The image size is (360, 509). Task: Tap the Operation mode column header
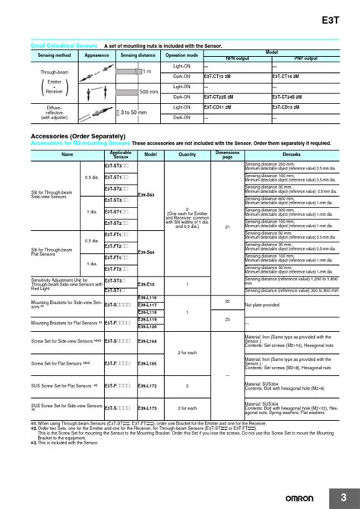click(182, 55)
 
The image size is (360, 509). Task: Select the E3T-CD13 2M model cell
click(292, 107)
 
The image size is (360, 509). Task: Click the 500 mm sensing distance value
click(149, 92)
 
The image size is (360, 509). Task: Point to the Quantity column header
click(187, 153)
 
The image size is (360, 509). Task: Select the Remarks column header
click(291, 153)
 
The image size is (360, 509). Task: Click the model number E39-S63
click(150, 194)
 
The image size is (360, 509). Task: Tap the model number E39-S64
click(150, 251)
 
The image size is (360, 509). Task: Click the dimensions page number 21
click(227, 227)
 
